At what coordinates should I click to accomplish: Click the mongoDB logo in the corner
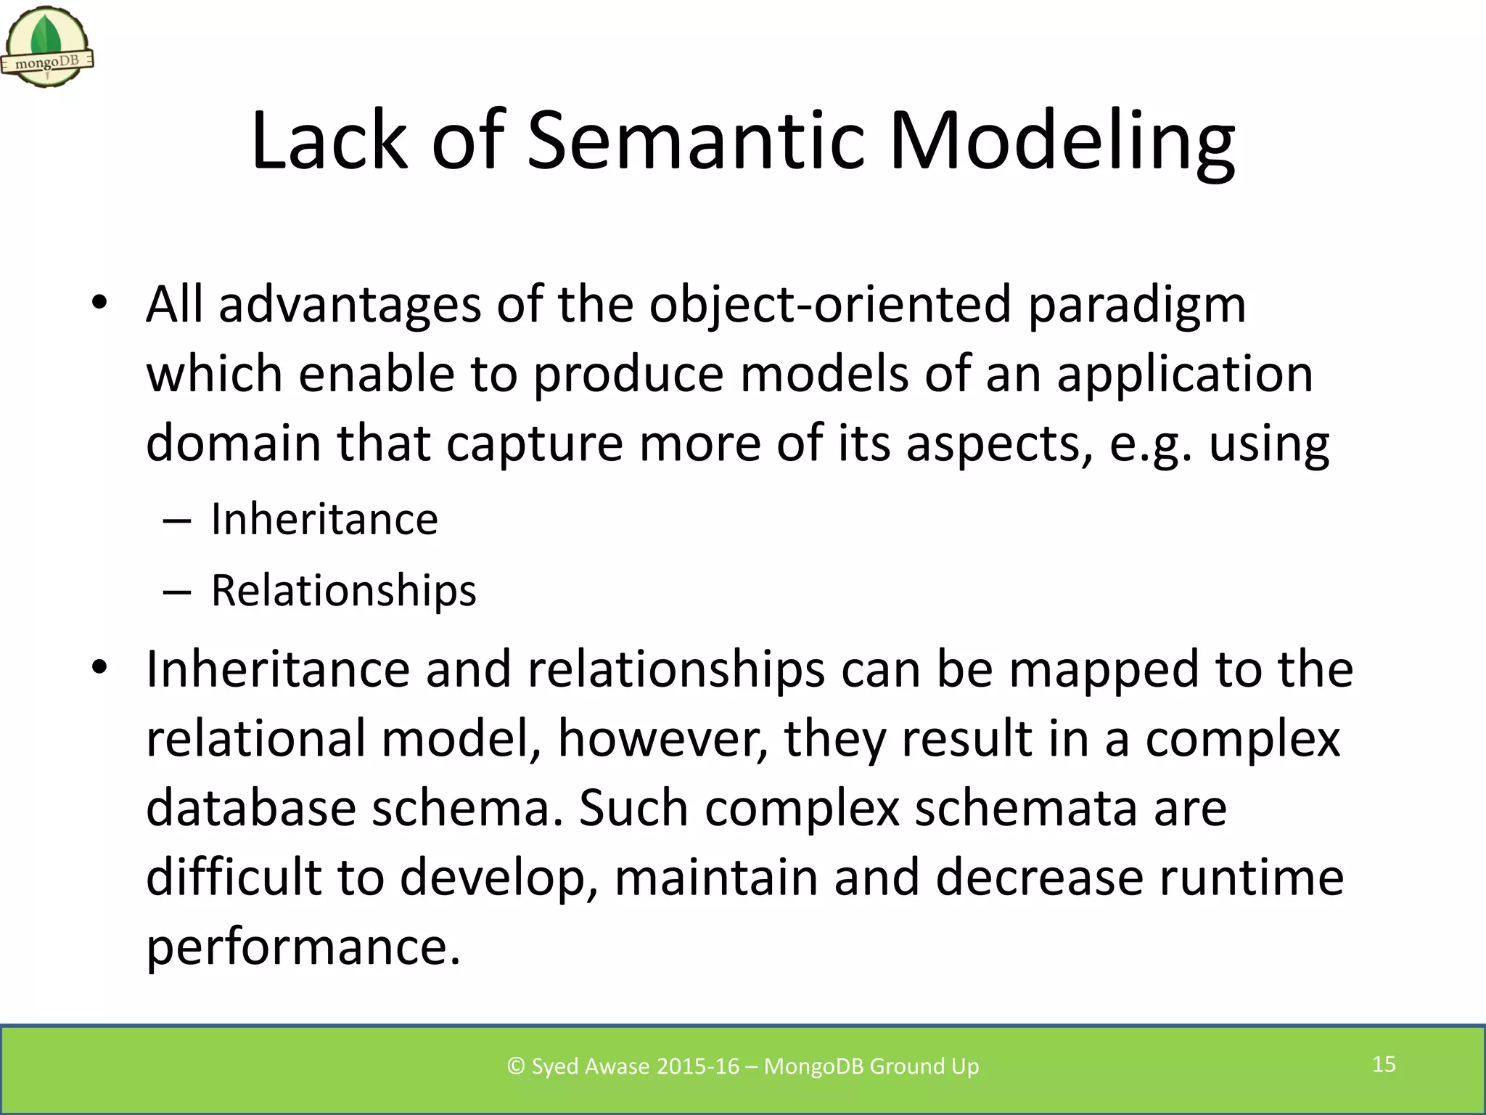click(47, 47)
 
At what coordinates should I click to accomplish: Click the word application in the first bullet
click(1184, 376)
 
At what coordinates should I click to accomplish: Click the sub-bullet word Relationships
click(343, 590)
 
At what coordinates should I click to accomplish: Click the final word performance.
click(303, 948)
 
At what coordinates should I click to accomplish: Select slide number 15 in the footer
click(1384, 1064)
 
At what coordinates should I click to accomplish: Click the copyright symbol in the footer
click(516, 1066)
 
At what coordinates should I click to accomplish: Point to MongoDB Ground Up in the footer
click(871, 1066)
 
